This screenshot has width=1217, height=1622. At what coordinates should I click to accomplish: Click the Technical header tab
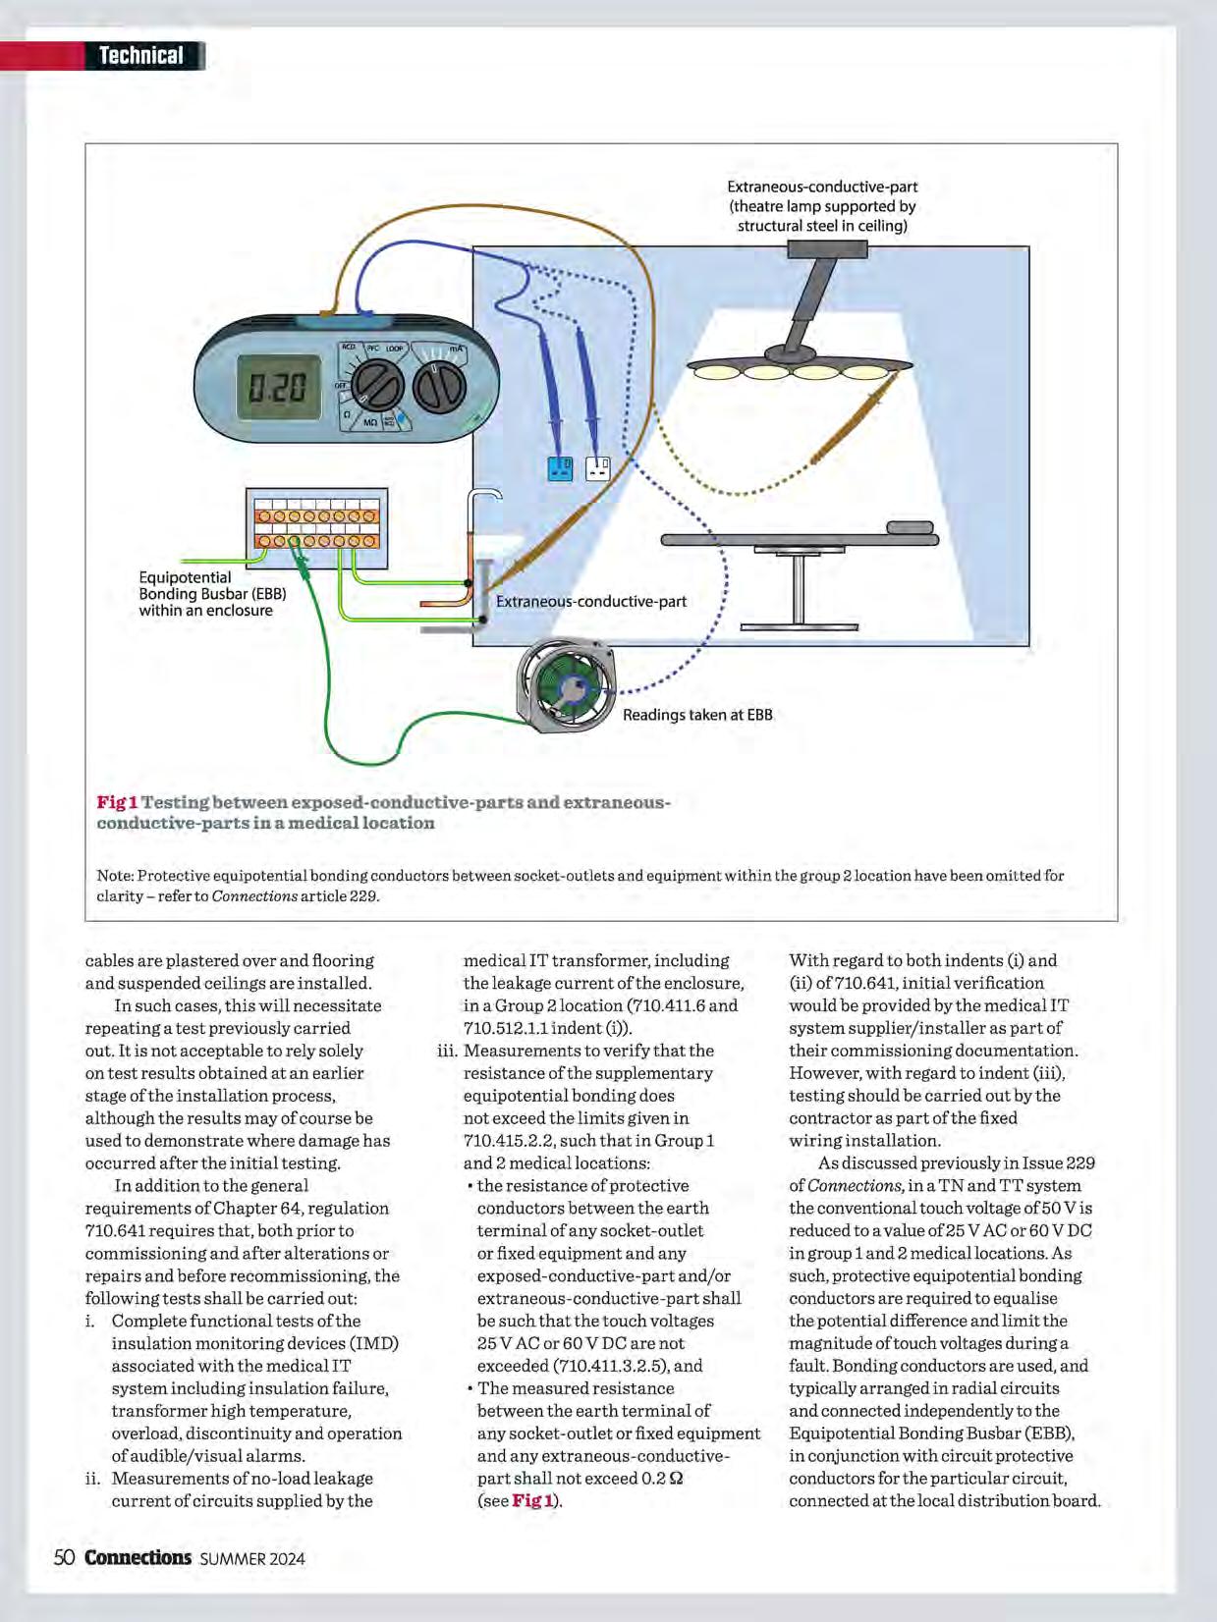click(141, 56)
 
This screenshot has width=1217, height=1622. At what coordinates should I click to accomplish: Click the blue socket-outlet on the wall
click(560, 468)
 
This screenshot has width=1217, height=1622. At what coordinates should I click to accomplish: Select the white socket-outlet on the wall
click(597, 468)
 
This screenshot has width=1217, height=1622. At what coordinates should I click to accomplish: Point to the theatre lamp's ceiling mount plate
click(827, 250)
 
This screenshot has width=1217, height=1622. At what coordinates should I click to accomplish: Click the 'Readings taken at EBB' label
click(697, 715)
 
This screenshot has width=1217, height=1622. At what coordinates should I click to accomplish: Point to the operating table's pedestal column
click(798, 588)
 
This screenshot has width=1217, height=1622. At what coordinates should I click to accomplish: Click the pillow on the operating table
click(910, 527)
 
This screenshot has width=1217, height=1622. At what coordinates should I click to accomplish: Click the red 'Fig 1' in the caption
click(117, 802)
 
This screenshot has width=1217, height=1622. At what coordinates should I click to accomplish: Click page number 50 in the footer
click(64, 1557)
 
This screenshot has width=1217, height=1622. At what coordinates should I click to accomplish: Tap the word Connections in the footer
click(138, 1557)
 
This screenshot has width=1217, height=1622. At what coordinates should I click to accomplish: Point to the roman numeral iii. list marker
click(447, 1051)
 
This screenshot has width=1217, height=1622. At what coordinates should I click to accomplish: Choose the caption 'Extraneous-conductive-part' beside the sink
click(590, 601)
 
